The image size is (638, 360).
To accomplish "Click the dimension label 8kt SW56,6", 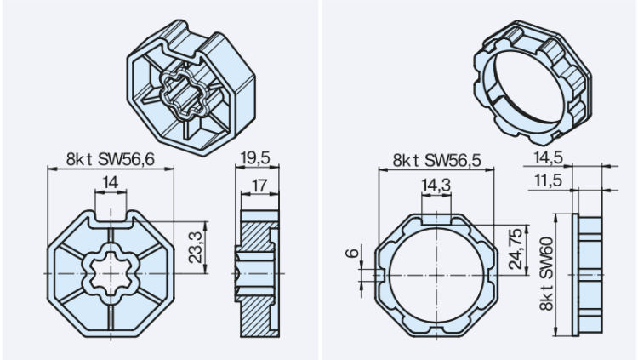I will tap(110, 157).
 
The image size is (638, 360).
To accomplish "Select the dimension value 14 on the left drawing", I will tap(111, 181).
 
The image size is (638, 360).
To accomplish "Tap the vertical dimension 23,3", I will tap(197, 247).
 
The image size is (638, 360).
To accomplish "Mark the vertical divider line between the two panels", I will tap(320, 180).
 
